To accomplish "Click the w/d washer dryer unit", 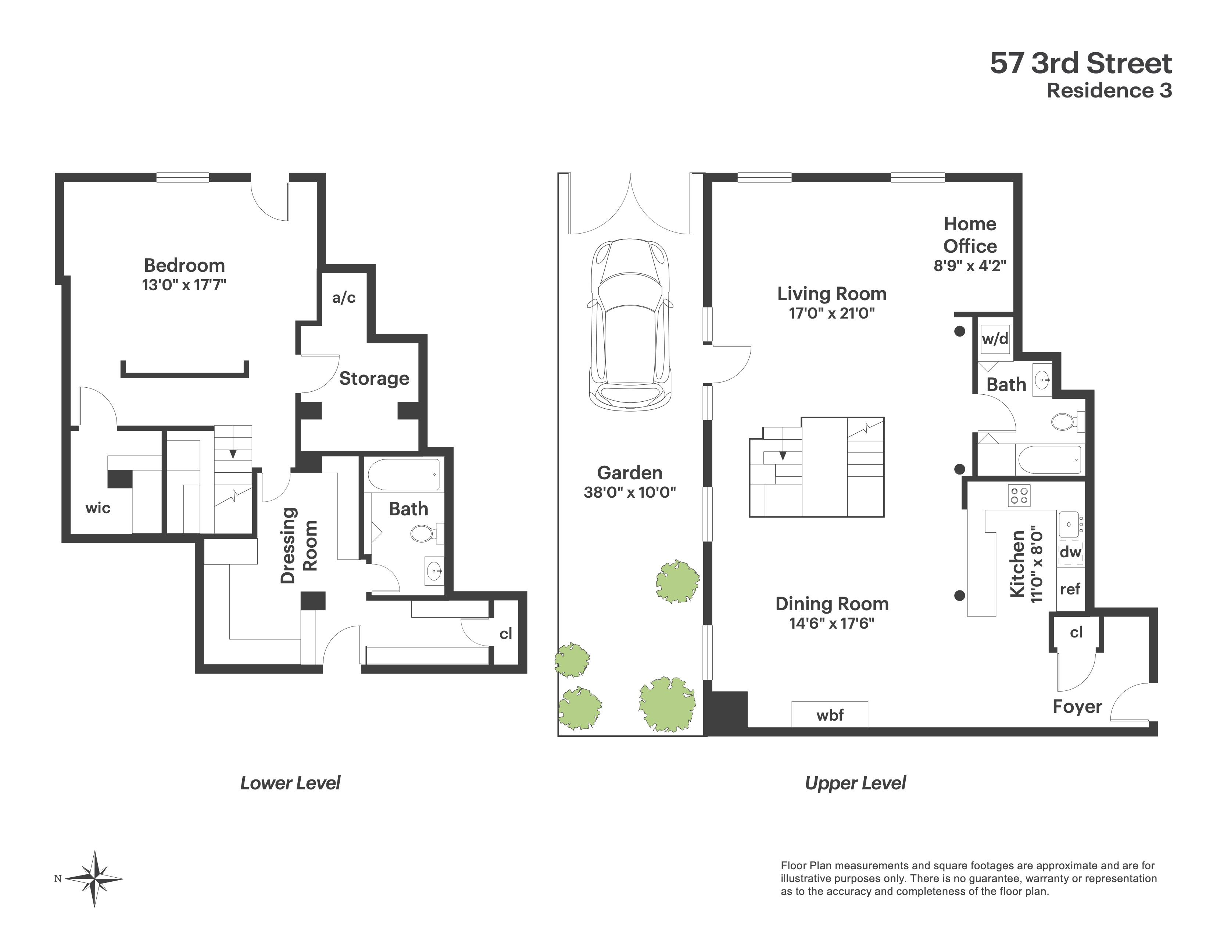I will coord(995,338).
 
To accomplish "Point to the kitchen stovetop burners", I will coord(1019,495).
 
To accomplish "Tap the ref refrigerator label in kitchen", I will coord(1070,589).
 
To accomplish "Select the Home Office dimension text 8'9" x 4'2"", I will coord(970,266).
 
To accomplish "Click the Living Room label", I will coord(831,294).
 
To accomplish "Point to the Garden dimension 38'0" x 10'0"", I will coord(629,492).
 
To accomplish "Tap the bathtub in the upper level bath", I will coord(1049,459).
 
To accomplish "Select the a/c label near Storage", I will coord(344,298).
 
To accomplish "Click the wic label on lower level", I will coord(98,508).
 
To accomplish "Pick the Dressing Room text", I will coord(298,545).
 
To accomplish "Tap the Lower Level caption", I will coord(290,783).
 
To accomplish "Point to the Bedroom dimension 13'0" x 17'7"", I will coord(184,285).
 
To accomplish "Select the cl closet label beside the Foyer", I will coord(1076,632).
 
